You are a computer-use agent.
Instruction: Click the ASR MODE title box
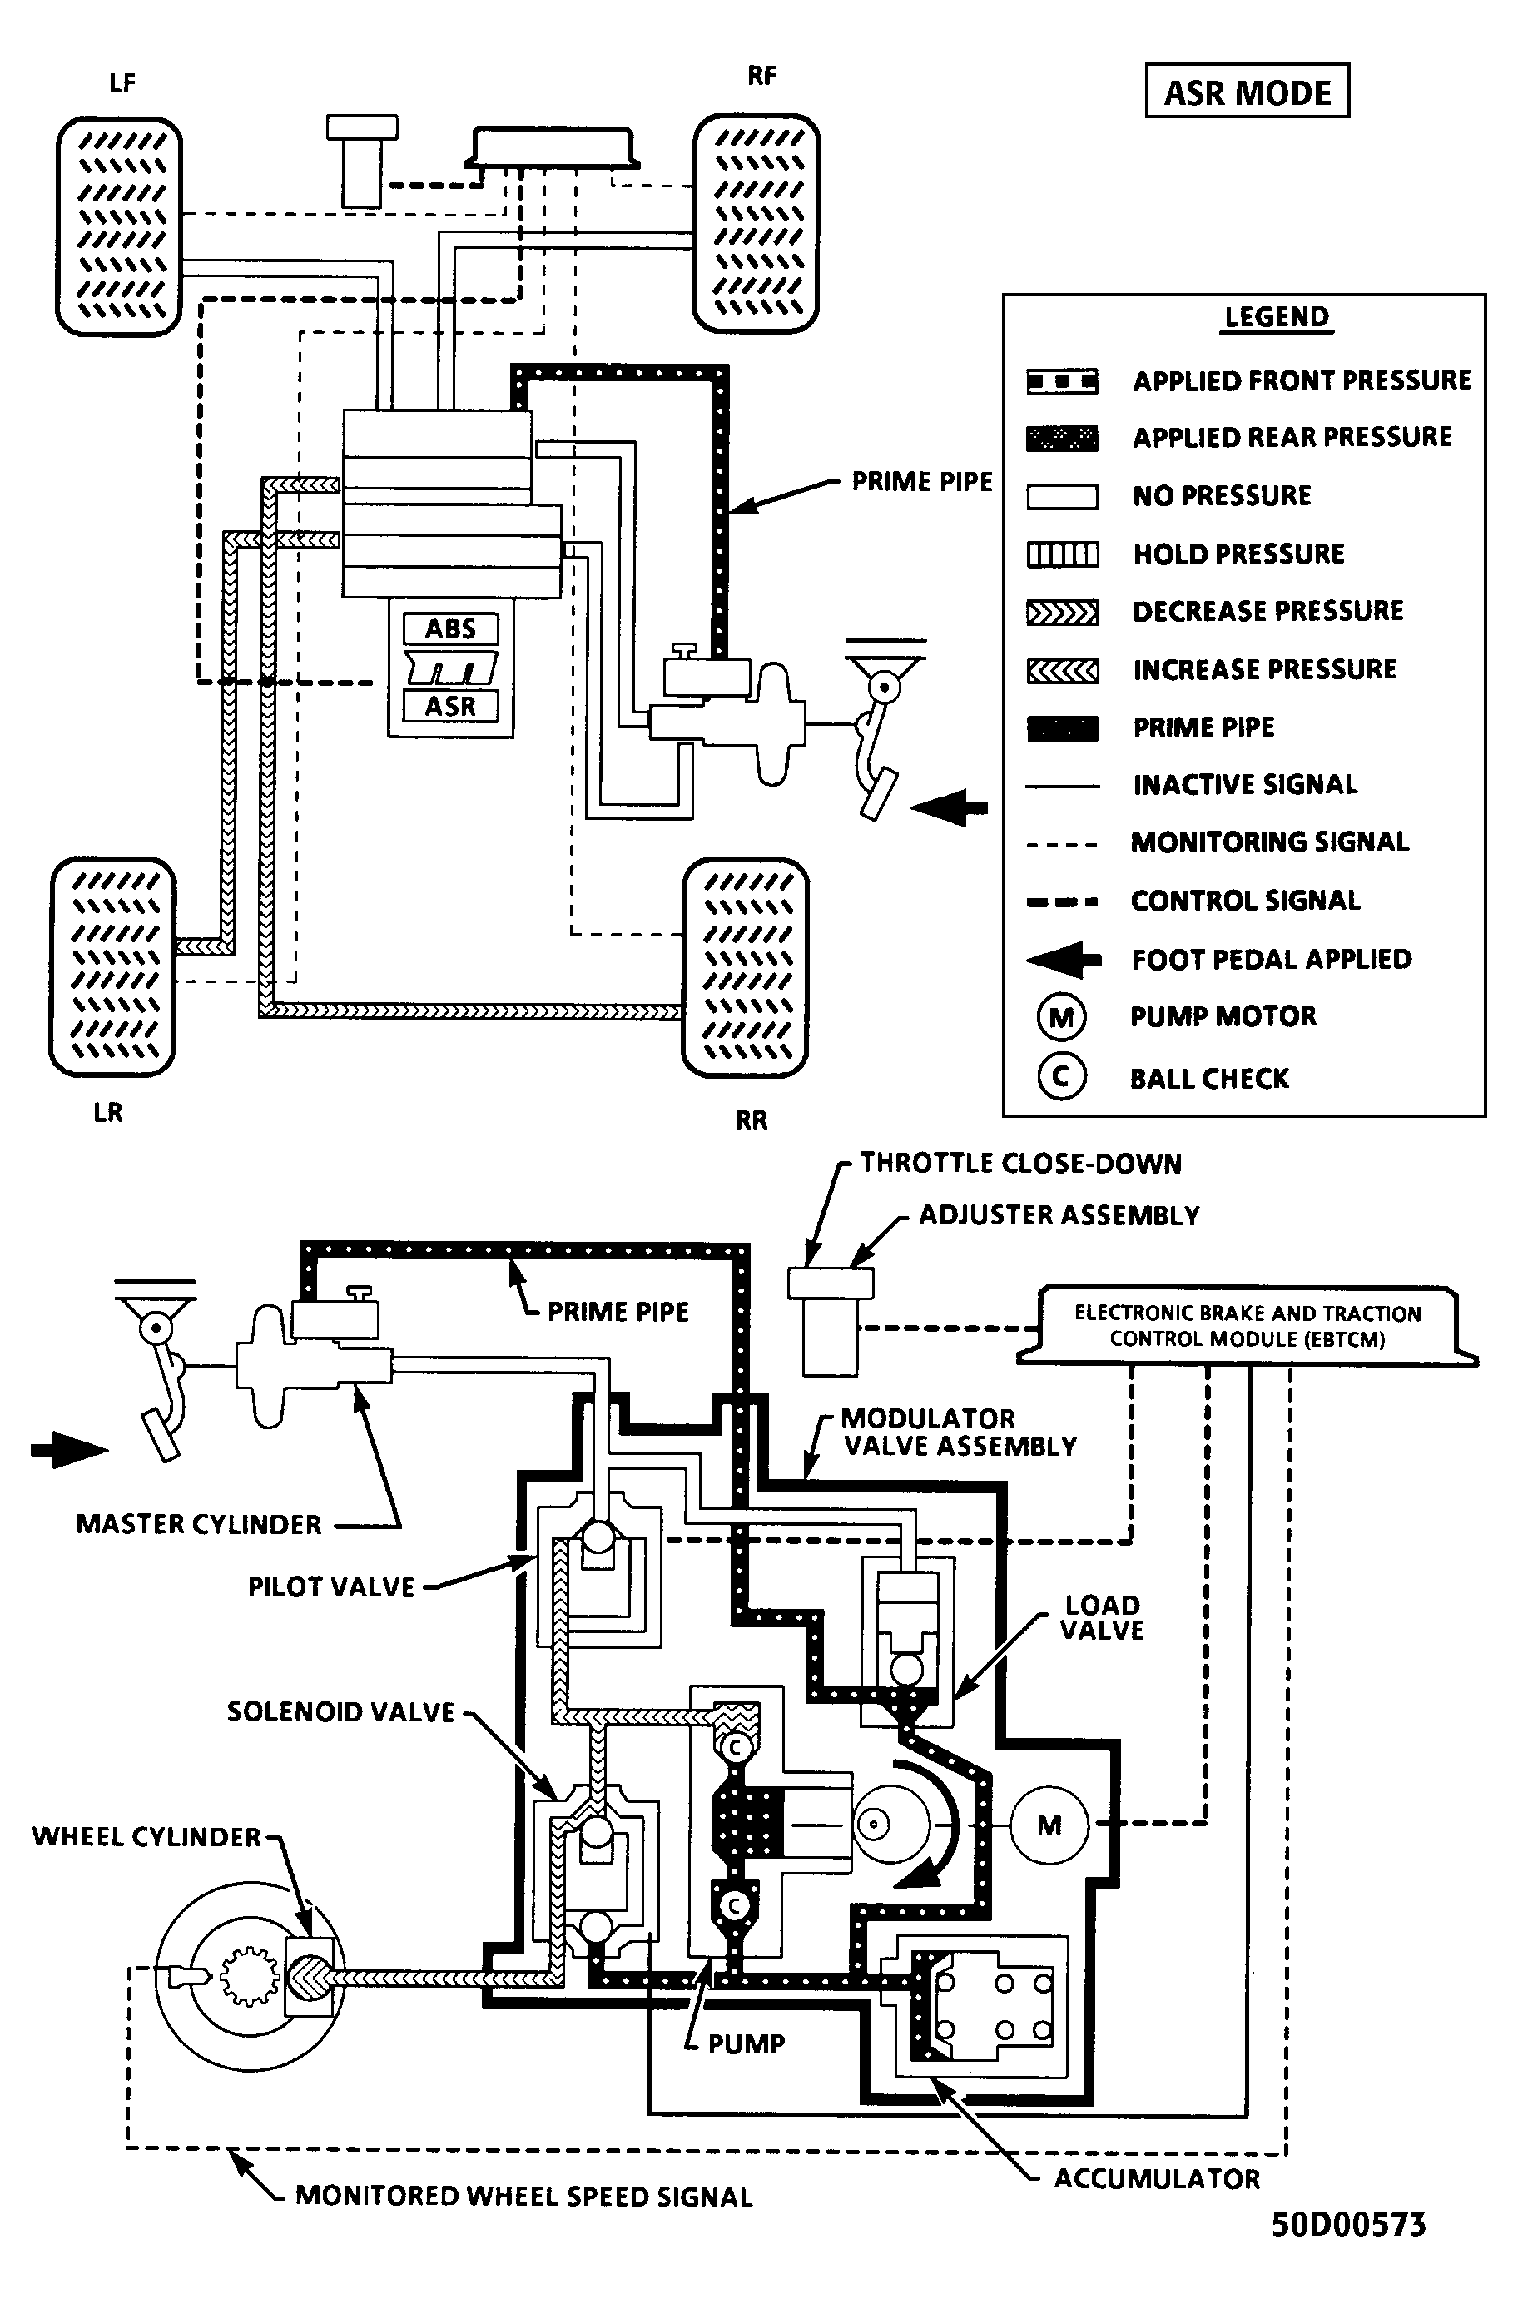tap(1247, 91)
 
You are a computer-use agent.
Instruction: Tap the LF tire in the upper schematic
tap(119, 226)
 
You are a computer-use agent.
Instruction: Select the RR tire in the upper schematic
tap(746, 967)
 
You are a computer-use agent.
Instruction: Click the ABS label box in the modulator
tap(451, 629)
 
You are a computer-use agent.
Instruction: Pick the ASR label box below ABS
tap(451, 706)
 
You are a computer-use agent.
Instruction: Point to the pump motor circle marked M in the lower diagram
tap(1049, 1825)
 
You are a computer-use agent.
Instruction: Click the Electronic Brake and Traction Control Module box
tap(1247, 1326)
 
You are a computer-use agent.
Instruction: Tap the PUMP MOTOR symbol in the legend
tap(1061, 1017)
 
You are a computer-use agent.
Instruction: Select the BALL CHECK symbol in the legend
tap(1061, 1076)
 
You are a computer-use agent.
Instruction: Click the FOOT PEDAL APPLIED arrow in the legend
tap(1063, 959)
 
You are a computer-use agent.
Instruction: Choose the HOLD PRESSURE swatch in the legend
tap(1062, 554)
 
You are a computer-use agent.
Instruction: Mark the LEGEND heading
tap(1276, 317)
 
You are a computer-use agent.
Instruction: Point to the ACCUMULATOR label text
tap(1157, 2178)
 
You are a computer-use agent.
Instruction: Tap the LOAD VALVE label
tap(1102, 1617)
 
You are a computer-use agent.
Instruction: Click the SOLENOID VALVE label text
tap(340, 1711)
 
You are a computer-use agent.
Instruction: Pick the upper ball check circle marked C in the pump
tap(735, 1747)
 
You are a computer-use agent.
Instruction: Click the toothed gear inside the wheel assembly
tap(251, 1974)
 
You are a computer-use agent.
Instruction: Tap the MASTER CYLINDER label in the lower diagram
tap(198, 1523)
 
